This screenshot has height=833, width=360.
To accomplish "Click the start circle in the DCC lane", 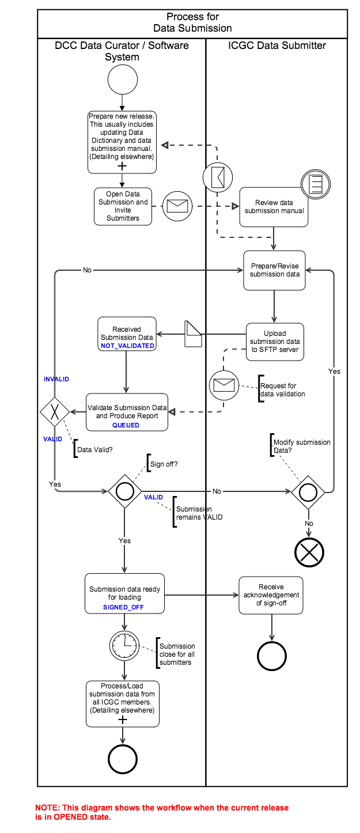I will point(122,79).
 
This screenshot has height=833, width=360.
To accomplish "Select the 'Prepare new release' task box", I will point(122,142).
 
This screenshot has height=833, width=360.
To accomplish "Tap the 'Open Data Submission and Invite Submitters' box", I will point(123,206).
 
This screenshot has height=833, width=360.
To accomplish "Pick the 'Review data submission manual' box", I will point(274,207).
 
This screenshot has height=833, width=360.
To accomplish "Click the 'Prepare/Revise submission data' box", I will point(274,270).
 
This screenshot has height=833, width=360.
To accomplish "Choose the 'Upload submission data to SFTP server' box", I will point(275,342).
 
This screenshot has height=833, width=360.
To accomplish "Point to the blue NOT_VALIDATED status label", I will point(127,346).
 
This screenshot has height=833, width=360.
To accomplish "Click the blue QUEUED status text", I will point(126,425).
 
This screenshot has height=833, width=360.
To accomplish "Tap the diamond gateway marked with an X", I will point(55,412).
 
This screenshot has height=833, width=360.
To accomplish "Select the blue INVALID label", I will point(56,379).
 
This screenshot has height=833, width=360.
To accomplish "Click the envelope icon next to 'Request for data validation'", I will point(224,385).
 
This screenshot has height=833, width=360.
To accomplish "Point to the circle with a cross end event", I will point(309,552).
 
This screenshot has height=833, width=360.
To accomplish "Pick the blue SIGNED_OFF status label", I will point(123,607).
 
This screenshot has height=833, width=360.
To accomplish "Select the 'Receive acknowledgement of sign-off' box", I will point(271,595).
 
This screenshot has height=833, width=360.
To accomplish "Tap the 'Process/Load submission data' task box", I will point(122,703).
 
